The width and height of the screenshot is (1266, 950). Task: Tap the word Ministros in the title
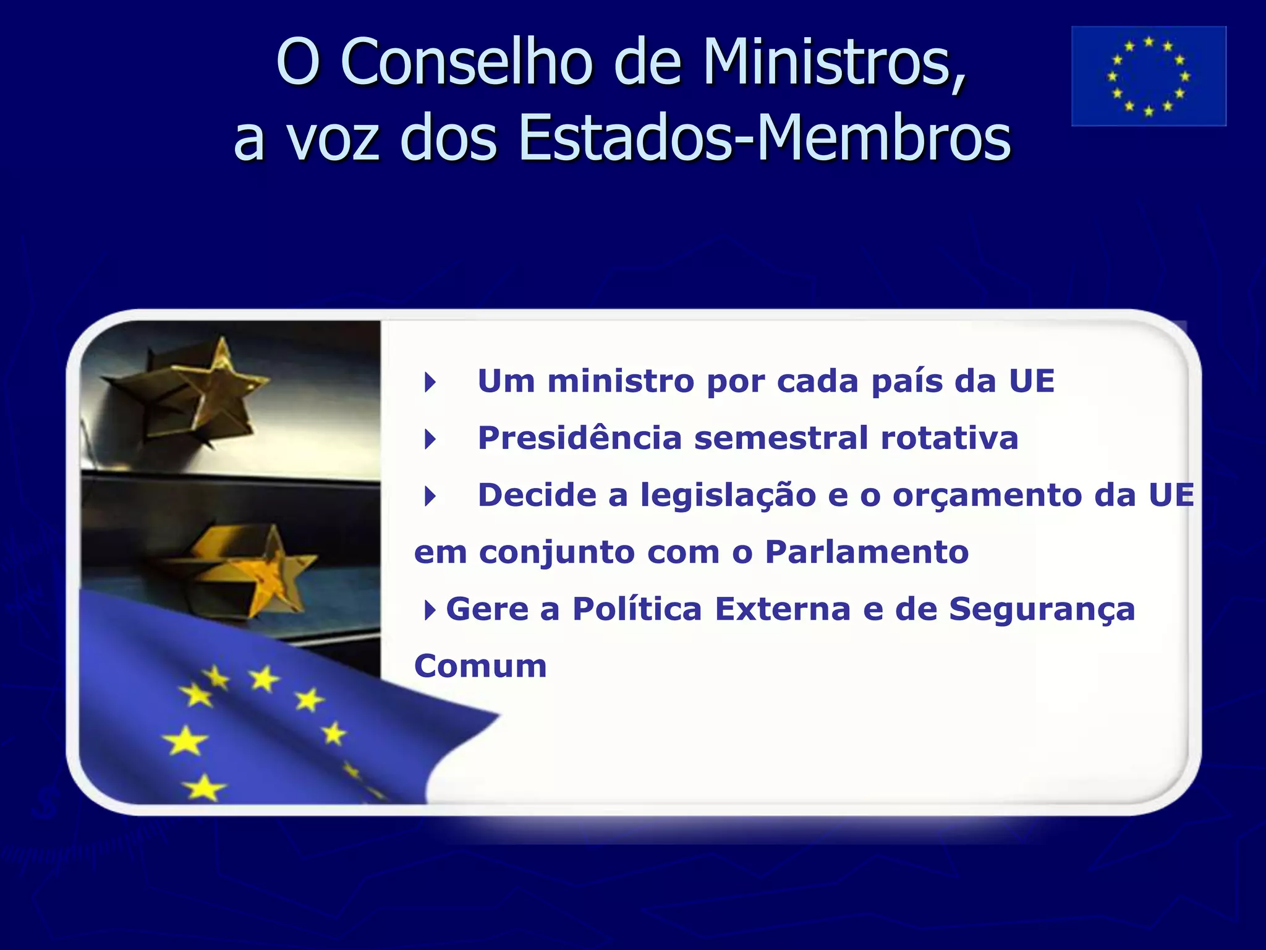835,62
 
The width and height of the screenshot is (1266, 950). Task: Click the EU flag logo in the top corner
1149,76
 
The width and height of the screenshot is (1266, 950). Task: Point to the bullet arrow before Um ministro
430,382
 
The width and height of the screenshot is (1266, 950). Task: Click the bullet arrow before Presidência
430,440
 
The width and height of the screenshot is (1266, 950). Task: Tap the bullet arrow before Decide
430,496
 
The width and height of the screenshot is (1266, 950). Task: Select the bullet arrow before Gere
430,610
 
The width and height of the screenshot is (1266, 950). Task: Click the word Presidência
580,438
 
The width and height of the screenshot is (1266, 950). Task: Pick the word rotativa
949,438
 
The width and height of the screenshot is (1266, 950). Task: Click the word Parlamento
867,552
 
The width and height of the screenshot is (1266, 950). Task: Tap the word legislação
728,496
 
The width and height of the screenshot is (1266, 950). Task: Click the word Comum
480,666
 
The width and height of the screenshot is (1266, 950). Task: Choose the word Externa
783,609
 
